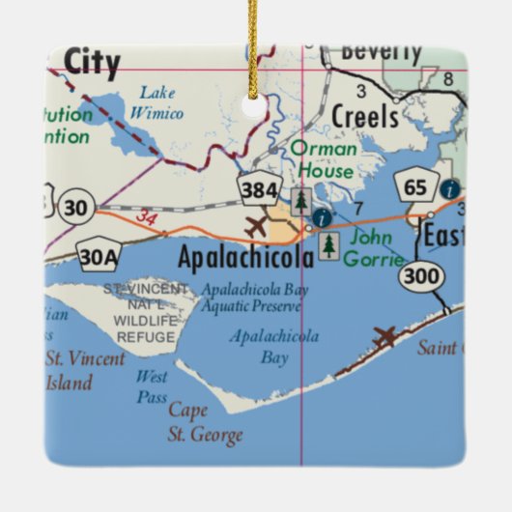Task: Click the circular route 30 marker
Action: (x=76, y=206)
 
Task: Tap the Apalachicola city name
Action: (x=246, y=258)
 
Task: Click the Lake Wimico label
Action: (x=160, y=101)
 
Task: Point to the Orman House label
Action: (x=324, y=159)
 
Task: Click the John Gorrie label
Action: (x=378, y=244)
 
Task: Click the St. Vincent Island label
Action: (x=85, y=370)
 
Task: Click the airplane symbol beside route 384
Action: (x=255, y=228)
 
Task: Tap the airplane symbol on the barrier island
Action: (x=384, y=337)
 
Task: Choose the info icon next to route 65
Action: (x=450, y=190)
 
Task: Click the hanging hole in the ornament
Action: (x=256, y=108)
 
